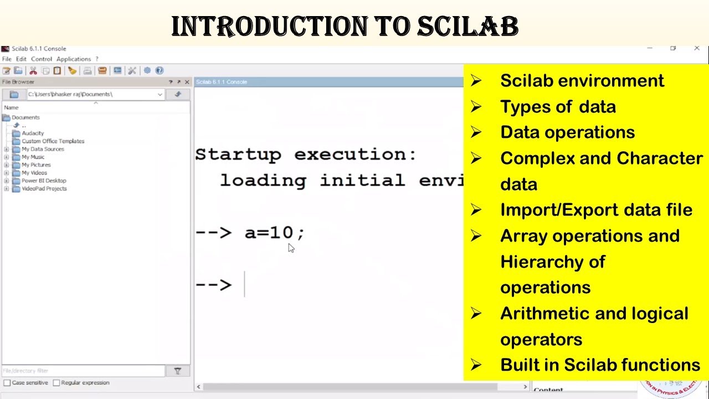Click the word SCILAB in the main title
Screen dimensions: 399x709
click(x=467, y=27)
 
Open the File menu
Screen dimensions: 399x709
click(x=7, y=59)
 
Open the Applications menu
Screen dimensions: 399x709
click(x=73, y=59)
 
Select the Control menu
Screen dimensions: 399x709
click(x=42, y=59)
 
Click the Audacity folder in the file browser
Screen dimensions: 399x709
click(x=32, y=133)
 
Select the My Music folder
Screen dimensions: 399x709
click(x=33, y=157)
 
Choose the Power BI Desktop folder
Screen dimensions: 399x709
click(x=43, y=181)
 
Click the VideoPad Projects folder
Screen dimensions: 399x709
click(x=44, y=188)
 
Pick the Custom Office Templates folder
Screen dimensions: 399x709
click(x=53, y=141)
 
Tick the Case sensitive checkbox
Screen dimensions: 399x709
click(x=7, y=383)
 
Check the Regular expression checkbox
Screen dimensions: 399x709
click(x=56, y=383)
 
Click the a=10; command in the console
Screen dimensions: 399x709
click(x=274, y=233)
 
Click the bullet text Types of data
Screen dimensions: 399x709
click(x=557, y=106)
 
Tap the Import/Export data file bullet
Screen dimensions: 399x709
click(x=595, y=210)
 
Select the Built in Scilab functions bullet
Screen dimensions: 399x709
click(x=599, y=365)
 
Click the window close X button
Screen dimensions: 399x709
click(x=697, y=49)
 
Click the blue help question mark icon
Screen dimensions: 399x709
click(x=160, y=70)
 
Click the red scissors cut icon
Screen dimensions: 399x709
click(x=33, y=70)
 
